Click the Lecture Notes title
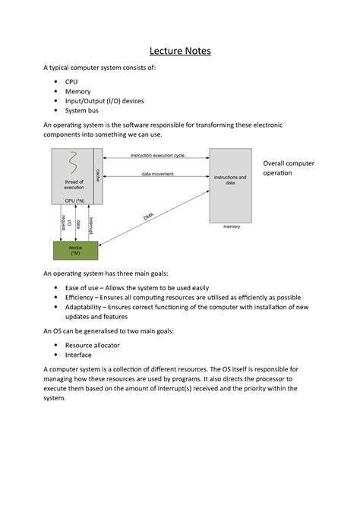180,52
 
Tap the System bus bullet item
82,110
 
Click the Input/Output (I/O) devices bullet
104,100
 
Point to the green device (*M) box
75,250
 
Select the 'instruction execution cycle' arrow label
157,156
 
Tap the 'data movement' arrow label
157,173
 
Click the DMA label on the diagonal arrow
148,217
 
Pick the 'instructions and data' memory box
230,180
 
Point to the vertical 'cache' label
97,175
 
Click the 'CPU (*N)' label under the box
75,200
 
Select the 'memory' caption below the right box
231,226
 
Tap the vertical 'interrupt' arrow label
90,225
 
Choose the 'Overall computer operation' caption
288,168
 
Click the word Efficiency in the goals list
85,298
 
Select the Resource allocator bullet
98,345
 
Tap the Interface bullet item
78,355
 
